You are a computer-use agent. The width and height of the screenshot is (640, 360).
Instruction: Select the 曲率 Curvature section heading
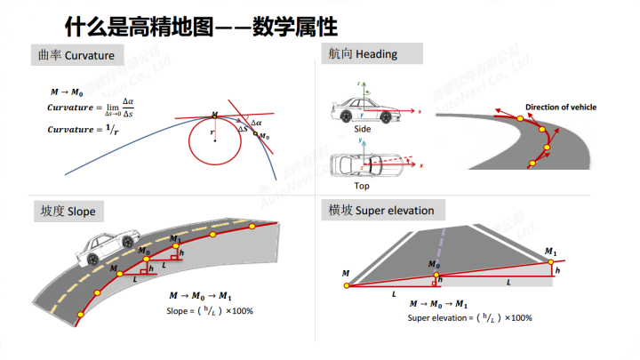[x=77, y=56]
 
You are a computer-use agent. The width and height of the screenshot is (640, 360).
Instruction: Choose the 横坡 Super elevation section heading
[x=380, y=211]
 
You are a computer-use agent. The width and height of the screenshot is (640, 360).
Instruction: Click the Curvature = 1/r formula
[x=83, y=130]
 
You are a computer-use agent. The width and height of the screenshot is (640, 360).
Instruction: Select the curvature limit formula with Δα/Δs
[x=92, y=108]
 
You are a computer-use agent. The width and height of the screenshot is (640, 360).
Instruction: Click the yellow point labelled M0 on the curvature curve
[x=255, y=135]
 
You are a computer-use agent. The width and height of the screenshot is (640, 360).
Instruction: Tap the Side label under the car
[x=362, y=129]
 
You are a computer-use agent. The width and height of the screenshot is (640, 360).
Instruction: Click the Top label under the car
[x=362, y=186]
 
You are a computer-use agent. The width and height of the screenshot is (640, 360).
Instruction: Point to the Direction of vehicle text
[x=560, y=108]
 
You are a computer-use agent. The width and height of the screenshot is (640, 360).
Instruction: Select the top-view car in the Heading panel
[x=358, y=166]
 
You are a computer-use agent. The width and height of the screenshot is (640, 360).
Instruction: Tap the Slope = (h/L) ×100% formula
[x=210, y=311]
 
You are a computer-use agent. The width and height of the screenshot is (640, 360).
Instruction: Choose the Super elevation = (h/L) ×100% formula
[x=469, y=317]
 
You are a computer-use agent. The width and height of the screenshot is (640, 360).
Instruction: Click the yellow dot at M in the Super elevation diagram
[x=346, y=285]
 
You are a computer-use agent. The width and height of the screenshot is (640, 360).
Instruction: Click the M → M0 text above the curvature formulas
[x=68, y=92]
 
